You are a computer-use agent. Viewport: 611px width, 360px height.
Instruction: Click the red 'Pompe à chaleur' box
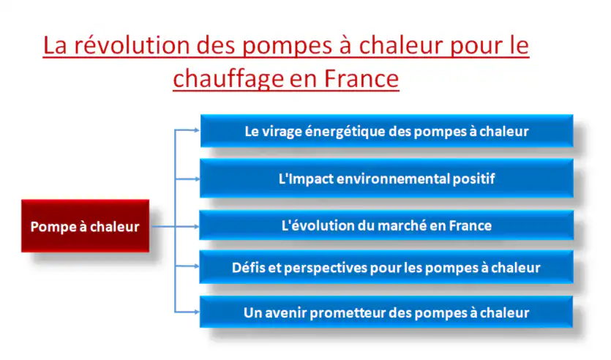[x=86, y=226]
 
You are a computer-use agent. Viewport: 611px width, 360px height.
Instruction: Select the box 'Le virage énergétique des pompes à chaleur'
[x=386, y=131]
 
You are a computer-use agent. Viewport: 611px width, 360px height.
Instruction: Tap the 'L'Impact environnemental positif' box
[x=386, y=179]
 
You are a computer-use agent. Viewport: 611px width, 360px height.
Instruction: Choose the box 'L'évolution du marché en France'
[x=386, y=225]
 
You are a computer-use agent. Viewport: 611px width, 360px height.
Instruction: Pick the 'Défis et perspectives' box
[x=386, y=267]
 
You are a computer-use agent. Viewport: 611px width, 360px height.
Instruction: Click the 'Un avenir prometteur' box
[x=386, y=312]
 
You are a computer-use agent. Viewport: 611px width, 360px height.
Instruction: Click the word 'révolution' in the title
[x=132, y=45]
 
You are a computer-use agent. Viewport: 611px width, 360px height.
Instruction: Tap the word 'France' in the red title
[x=361, y=79]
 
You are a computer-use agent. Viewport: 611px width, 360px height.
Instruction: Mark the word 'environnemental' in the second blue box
[x=393, y=179]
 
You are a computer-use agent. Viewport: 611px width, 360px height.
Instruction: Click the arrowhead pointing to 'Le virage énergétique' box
[x=196, y=130]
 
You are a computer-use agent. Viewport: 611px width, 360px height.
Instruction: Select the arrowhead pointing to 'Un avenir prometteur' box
[x=196, y=312]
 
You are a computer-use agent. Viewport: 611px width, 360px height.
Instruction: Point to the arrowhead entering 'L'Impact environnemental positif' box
[x=196, y=179]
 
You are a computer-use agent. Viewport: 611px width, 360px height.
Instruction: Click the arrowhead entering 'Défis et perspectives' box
[x=196, y=266]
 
